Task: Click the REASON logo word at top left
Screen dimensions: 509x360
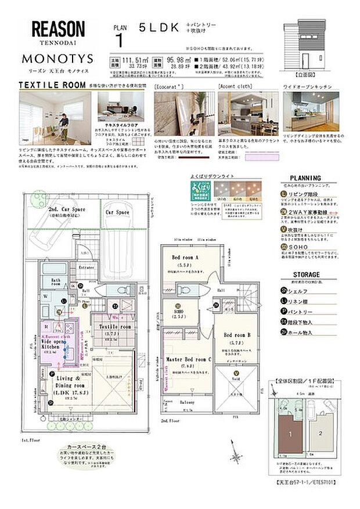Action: coord(57,29)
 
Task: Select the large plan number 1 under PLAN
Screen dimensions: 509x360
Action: coord(120,41)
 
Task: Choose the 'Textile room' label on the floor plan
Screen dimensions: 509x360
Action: coord(116,327)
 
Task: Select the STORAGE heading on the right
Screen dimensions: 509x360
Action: coord(305,275)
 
